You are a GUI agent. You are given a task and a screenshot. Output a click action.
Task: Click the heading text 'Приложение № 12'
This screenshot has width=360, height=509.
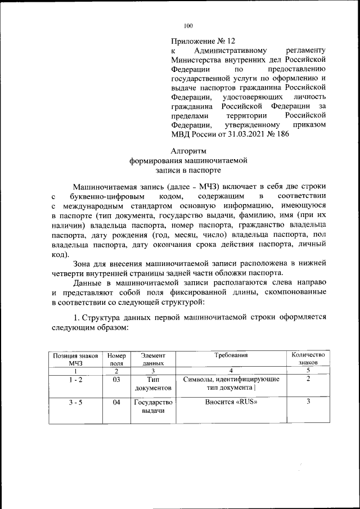[x=203, y=42]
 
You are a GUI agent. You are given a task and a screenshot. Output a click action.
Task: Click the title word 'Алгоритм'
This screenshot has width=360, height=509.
[x=188, y=151]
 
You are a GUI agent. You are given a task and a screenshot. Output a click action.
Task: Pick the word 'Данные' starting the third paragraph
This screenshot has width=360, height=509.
[x=88, y=283]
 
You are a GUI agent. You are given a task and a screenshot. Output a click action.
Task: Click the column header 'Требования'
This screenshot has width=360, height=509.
[x=231, y=355]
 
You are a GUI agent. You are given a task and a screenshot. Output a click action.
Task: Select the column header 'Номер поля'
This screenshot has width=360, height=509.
[x=116, y=359]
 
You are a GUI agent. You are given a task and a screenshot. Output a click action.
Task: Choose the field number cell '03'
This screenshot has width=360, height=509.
[x=116, y=380]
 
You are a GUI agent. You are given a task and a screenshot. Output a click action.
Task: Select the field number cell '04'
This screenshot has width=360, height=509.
[x=116, y=403]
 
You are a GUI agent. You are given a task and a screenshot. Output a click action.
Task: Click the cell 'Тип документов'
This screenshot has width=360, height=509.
[x=152, y=384]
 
